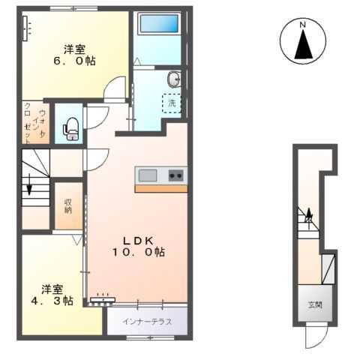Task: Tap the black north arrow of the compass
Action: [304, 46]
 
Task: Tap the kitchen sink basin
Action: [148, 175]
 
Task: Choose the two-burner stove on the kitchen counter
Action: [175, 175]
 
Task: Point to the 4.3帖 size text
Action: [51, 301]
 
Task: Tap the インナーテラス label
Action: [148, 322]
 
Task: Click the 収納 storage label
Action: [68, 205]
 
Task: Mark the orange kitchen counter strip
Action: [161, 188]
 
